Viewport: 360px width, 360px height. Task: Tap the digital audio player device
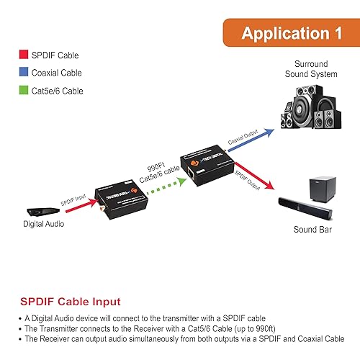pos(37,212)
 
